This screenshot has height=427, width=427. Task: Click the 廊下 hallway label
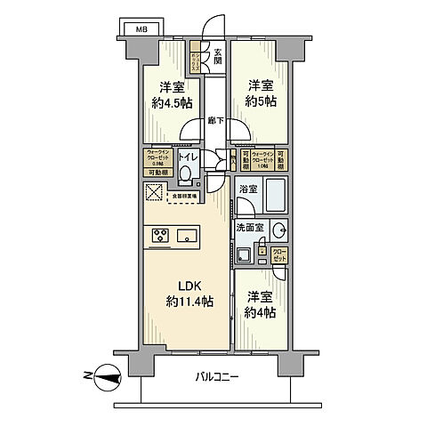214,120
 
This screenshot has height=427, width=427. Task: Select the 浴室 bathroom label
248,189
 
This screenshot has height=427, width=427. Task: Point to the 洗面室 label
250,228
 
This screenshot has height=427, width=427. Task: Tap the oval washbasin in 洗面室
278,230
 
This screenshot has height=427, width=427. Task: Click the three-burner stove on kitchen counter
161,236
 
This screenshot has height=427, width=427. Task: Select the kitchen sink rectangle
188,236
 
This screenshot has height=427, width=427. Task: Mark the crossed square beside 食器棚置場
155,192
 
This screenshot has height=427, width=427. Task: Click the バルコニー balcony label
219,377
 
